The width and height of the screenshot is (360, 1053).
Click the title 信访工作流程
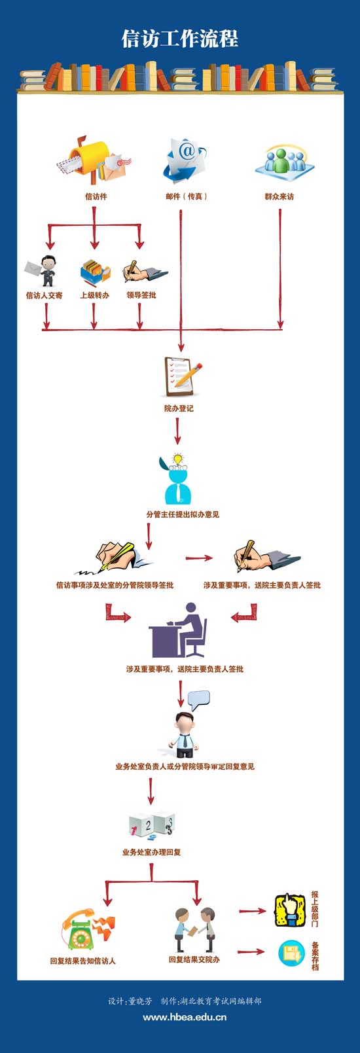point(180,39)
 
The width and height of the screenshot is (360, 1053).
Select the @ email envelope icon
point(184,159)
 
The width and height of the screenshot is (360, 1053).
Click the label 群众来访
point(279,197)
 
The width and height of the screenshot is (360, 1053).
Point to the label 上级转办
point(94,295)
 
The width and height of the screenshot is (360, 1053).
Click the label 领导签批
point(141,295)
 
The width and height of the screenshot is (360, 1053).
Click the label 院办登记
point(179,408)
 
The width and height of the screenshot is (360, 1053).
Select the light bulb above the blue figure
point(177,458)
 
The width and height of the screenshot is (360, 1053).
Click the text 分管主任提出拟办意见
point(183,514)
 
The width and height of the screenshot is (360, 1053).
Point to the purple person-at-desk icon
point(177,630)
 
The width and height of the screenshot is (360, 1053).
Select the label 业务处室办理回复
point(151,852)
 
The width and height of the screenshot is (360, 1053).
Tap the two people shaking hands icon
point(195,929)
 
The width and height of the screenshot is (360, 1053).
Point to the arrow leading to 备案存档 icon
point(251,952)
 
